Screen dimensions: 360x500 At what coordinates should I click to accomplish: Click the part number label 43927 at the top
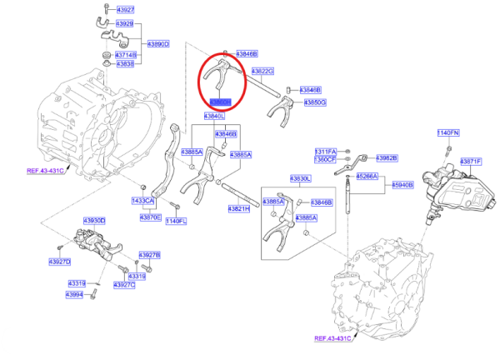(x=124, y=9)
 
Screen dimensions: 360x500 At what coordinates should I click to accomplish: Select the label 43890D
(x=158, y=43)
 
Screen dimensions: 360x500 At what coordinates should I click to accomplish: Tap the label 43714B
(x=125, y=54)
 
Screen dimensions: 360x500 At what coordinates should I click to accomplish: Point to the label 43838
(x=125, y=63)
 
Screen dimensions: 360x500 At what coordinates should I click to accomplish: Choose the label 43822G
(x=262, y=72)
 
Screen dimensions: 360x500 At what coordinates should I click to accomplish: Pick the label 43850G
(x=315, y=102)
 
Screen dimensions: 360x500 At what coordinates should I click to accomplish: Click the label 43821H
(x=238, y=209)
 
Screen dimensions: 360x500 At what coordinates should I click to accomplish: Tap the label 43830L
(x=300, y=179)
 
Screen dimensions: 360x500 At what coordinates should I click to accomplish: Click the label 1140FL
(x=176, y=221)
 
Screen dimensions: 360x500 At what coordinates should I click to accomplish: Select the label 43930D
(x=94, y=221)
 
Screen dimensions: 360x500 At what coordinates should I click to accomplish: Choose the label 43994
(x=76, y=294)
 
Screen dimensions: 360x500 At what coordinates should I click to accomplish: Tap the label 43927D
(x=59, y=262)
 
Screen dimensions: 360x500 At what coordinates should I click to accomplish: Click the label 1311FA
(x=324, y=152)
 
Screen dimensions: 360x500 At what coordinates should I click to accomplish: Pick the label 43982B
(x=386, y=157)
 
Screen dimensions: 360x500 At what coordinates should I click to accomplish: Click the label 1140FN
(x=448, y=132)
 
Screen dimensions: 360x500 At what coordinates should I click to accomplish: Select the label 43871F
(x=470, y=161)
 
